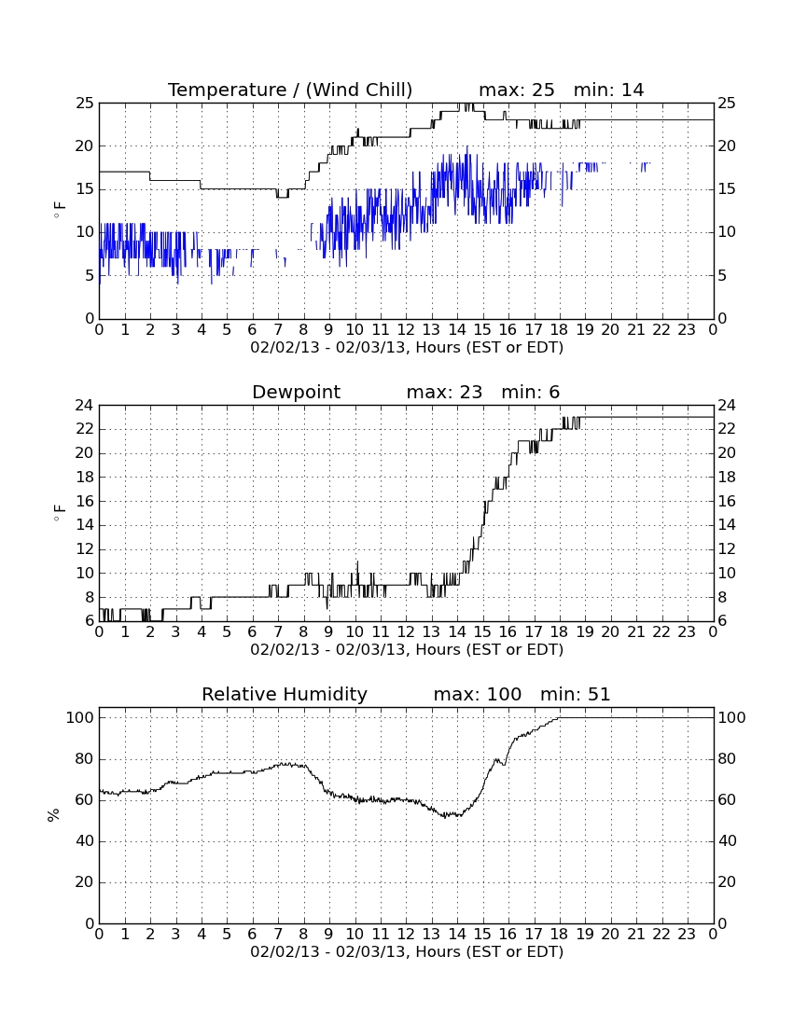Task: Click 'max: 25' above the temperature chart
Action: (x=517, y=90)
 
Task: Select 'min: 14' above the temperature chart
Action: (x=608, y=90)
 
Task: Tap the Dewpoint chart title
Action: (x=297, y=392)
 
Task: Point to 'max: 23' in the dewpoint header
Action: (x=444, y=392)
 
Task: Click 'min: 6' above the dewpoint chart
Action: (x=531, y=392)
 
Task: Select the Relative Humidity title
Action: (x=285, y=694)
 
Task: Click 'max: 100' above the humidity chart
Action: (x=478, y=694)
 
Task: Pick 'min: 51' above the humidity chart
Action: (x=575, y=694)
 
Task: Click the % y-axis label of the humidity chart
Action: (x=54, y=814)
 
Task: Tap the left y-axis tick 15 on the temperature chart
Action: (x=84, y=189)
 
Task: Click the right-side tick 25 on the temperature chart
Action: (x=727, y=104)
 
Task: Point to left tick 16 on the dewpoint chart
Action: (x=85, y=501)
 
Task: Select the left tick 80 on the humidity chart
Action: (x=85, y=759)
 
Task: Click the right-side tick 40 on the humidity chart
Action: (x=728, y=840)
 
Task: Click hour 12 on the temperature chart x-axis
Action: (x=406, y=329)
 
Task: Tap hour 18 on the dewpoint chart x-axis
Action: (x=560, y=631)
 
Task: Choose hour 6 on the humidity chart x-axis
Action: (x=253, y=934)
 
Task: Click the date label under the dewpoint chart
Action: (x=407, y=650)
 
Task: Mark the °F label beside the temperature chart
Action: (x=59, y=210)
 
